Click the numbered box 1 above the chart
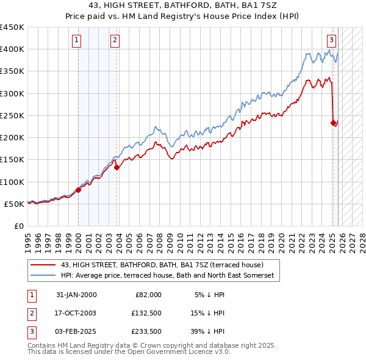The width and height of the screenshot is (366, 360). click(x=77, y=41)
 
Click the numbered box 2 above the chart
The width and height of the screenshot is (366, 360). click(x=115, y=41)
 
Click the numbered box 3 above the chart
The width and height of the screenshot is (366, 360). click(x=331, y=41)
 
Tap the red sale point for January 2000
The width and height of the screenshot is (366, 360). click(x=79, y=190)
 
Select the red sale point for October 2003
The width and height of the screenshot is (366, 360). click(x=117, y=168)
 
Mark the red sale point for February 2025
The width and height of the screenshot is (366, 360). click(x=334, y=123)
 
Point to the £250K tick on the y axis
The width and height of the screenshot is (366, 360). click(x=12, y=115)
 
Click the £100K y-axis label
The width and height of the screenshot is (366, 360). click(x=12, y=182)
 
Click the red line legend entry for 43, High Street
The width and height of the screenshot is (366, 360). click(x=162, y=265)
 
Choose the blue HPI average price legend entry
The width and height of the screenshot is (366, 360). click(x=168, y=276)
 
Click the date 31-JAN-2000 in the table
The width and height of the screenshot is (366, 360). click(x=76, y=295)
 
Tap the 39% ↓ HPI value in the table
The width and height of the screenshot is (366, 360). click(x=210, y=331)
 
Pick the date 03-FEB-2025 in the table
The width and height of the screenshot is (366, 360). click(x=76, y=331)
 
